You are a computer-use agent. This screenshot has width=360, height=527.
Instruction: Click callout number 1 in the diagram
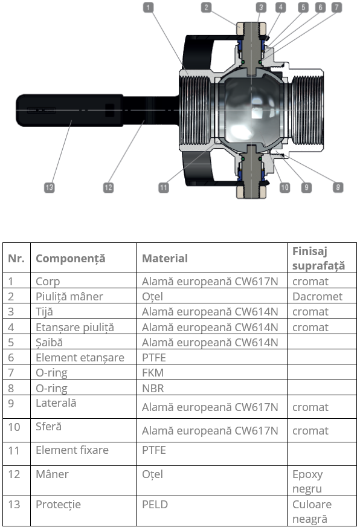pyautogui.click(x=148, y=7)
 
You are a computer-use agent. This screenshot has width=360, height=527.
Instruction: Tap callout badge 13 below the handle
pyautogui.click(x=50, y=187)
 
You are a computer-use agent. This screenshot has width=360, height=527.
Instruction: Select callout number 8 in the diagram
pyautogui.click(x=338, y=187)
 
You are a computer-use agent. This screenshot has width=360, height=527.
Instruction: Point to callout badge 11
pyautogui.click(x=164, y=187)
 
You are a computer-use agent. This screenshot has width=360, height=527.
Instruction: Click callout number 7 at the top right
pyautogui.click(x=337, y=7)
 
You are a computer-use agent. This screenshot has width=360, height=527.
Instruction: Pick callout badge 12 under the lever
pyautogui.click(x=108, y=187)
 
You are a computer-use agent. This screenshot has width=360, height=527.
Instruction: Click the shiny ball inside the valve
pyautogui.click(x=252, y=110)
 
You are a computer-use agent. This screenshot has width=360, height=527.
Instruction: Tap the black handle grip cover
pyautogui.click(x=69, y=110)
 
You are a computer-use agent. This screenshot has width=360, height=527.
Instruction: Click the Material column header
pyautogui.click(x=165, y=259)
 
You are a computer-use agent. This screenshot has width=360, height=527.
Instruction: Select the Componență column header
pyautogui.click(x=71, y=259)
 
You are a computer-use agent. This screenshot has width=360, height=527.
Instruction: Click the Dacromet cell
pyautogui.click(x=317, y=296)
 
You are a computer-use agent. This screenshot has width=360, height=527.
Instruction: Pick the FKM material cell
pyautogui.click(x=153, y=373)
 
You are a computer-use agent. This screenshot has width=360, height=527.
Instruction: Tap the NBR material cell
pyautogui.click(x=153, y=388)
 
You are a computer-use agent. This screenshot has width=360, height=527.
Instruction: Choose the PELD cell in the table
pyautogui.click(x=155, y=505)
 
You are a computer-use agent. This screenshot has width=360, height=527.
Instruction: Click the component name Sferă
pyautogui.click(x=49, y=427)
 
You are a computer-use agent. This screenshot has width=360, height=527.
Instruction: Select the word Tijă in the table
pyautogui.click(x=44, y=312)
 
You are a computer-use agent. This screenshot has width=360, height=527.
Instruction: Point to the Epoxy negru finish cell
pyautogui.click(x=307, y=481)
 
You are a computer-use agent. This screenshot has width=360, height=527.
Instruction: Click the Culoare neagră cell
pyautogui.click(x=312, y=511)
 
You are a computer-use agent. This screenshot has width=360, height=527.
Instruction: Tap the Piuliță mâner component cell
pyautogui.click(x=69, y=297)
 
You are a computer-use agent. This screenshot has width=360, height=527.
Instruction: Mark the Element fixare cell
pyautogui.click(x=72, y=450)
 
